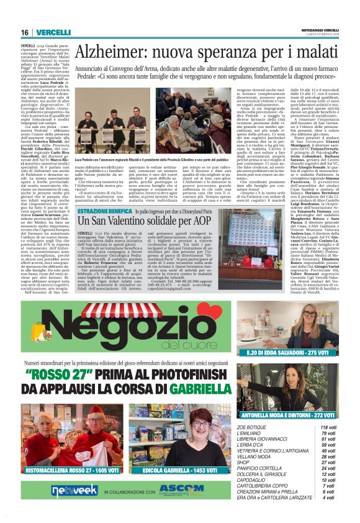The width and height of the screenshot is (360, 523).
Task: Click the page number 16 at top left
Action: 25,32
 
